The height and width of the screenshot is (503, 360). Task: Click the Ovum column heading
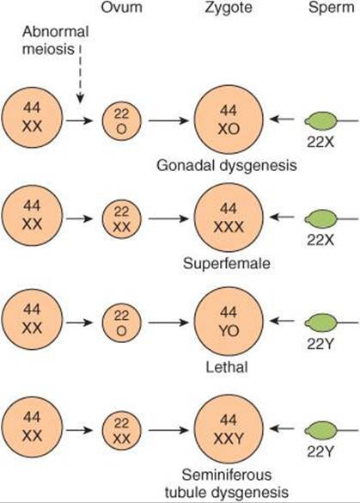tap(122, 8)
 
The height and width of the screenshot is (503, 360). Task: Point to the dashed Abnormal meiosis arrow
tap(80, 75)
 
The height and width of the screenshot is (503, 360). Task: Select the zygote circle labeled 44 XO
tap(229, 120)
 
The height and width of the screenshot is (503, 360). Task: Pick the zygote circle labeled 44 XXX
tap(229, 218)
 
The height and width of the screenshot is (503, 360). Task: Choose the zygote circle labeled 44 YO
tap(229, 322)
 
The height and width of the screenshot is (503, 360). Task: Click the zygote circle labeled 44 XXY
tap(229, 429)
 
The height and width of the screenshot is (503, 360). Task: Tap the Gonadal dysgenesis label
tap(227, 166)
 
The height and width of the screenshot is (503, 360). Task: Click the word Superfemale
tap(227, 264)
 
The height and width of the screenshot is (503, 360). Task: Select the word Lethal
tap(227, 367)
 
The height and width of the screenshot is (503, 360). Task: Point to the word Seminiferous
tap(227, 475)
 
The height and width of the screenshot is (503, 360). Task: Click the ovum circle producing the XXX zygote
tap(122, 218)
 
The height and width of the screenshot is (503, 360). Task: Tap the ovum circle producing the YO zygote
tap(122, 322)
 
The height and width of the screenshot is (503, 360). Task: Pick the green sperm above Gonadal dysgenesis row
tap(320, 121)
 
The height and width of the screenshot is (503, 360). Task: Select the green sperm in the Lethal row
tap(320, 322)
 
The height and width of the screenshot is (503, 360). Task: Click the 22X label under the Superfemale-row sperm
tap(320, 240)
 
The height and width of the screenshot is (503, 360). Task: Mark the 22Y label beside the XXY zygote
tap(320, 452)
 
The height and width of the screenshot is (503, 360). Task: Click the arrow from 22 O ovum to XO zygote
tap(168, 121)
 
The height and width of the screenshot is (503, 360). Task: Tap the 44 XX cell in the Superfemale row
tap(32, 216)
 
